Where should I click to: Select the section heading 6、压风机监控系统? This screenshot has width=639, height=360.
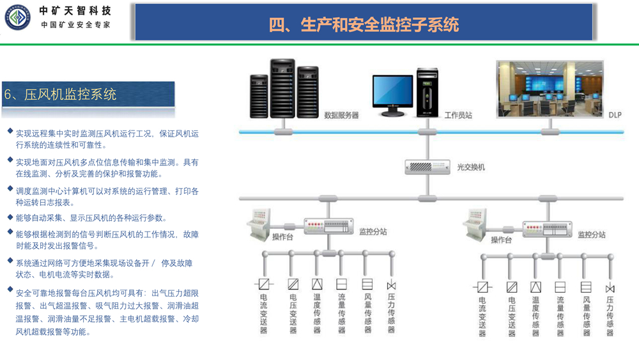click(x=61, y=95)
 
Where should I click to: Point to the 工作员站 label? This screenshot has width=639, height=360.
click(x=458, y=116)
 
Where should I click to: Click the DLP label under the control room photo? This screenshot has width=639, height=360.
click(x=614, y=115)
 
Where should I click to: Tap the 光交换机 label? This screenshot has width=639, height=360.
click(x=470, y=168)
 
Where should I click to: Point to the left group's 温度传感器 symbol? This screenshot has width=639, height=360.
click(x=317, y=284)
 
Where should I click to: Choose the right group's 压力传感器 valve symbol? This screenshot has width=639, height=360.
click(x=610, y=288)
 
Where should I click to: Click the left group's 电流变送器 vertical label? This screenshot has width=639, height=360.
click(x=263, y=313)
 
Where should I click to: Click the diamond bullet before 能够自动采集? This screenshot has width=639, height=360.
click(x=10, y=217)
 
